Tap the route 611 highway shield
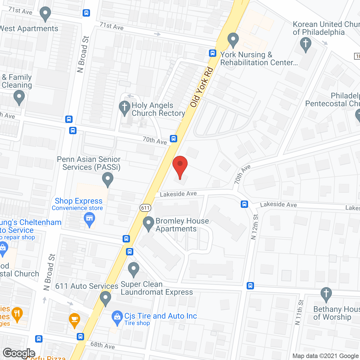pos(145,208)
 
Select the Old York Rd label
pos(202,87)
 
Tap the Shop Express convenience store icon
pos(89,219)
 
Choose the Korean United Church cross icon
pos(305,44)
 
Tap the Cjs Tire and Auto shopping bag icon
pos(117,317)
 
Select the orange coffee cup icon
pos(75,320)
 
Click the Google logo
pos(19,353)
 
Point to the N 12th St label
pos(255,227)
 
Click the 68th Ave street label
pos(103,345)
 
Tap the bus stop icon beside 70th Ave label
pos(174,138)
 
